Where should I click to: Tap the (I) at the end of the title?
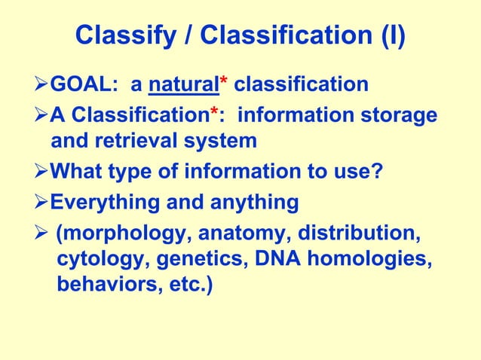tap(391, 36)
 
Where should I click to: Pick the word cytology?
tap(90, 261)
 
